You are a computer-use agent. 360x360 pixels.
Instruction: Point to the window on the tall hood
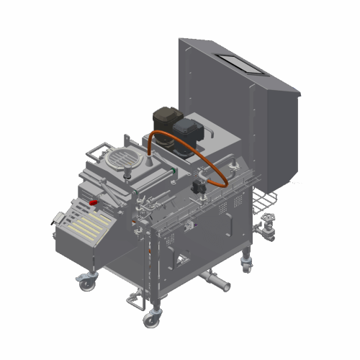(240, 64)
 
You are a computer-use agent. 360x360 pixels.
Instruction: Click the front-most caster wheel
(150, 319)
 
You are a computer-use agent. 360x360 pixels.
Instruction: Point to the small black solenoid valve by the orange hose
(199, 187)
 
